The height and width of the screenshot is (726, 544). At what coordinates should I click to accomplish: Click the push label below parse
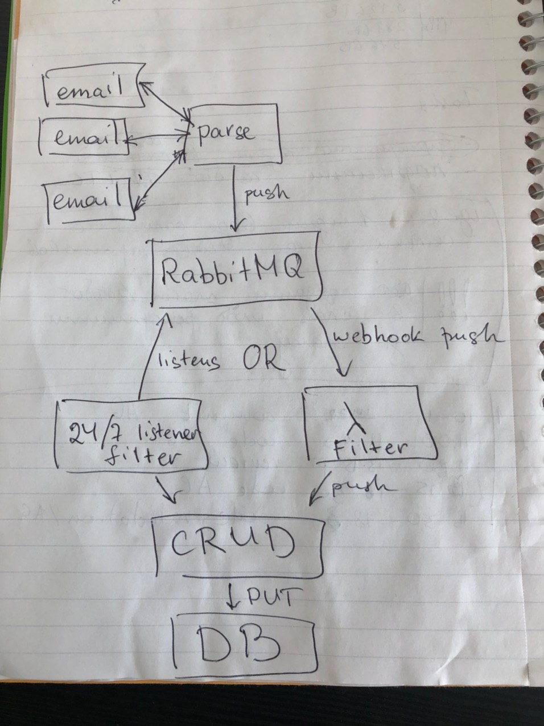tap(266, 193)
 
